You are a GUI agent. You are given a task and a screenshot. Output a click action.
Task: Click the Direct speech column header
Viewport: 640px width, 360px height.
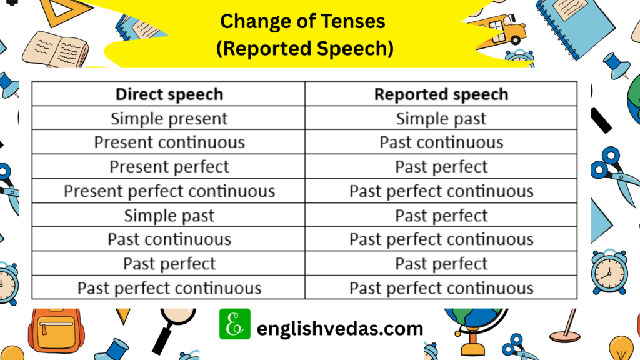click(169, 94)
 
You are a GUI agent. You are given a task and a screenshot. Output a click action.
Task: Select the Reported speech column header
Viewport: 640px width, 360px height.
click(441, 94)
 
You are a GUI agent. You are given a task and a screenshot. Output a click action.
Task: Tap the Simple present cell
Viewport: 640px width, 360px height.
click(169, 119)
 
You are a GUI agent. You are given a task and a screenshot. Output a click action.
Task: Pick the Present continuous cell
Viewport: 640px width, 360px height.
click(169, 142)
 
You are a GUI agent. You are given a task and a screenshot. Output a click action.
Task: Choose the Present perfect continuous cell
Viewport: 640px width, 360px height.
click(169, 191)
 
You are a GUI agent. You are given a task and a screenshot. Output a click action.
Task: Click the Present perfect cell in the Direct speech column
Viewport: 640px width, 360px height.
click(169, 167)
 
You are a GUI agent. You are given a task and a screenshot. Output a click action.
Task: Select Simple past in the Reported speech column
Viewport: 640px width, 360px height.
click(441, 119)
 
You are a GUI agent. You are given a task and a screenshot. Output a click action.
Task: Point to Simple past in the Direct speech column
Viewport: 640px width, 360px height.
click(169, 216)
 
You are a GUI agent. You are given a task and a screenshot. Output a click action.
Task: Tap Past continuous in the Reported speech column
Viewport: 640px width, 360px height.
click(441, 142)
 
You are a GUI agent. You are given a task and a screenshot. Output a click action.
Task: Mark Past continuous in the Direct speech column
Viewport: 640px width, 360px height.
click(169, 239)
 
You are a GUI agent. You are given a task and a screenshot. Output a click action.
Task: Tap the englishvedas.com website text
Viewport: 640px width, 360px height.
click(340, 329)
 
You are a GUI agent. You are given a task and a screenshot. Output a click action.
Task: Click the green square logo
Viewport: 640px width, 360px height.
click(235, 324)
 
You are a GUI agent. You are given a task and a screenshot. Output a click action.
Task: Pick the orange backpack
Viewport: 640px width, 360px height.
click(56, 330)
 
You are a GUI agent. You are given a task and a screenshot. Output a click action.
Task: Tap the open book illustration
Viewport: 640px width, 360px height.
click(56, 49)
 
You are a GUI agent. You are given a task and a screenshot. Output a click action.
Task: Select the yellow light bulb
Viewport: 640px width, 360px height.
click(621, 348)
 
